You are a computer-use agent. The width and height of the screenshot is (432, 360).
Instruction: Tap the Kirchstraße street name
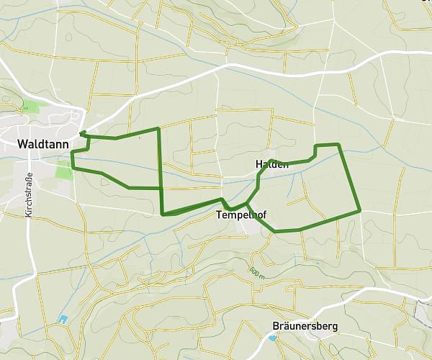(x=30, y=195)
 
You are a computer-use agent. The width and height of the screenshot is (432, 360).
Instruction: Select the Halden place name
(x=272, y=165)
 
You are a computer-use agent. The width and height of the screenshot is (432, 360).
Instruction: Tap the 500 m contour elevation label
(x=256, y=273)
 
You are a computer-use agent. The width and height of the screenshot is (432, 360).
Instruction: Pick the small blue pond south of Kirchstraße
(x=63, y=319)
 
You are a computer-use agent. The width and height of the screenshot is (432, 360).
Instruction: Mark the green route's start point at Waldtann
(x=81, y=132)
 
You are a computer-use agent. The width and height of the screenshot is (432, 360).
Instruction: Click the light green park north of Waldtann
(x=31, y=106)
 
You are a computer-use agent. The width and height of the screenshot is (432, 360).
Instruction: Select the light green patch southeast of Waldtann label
(x=64, y=170)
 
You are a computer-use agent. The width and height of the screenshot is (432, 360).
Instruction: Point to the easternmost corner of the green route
(x=359, y=211)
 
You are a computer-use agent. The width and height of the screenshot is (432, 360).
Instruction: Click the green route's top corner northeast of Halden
(x=338, y=145)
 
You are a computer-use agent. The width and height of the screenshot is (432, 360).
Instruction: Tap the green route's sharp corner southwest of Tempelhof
(x=163, y=214)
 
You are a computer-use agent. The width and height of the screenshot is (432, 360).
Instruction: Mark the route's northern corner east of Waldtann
(x=158, y=128)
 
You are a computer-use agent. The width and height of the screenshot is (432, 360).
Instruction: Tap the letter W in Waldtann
(x=22, y=145)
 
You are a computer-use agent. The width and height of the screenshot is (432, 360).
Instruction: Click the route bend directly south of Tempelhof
(x=275, y=231)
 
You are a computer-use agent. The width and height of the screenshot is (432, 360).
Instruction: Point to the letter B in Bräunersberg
(x=276, y=326)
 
